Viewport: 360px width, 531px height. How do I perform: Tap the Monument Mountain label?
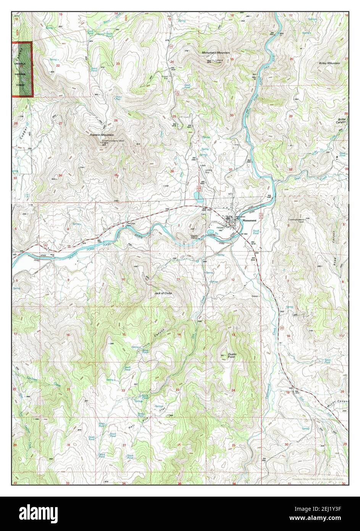(216, 52)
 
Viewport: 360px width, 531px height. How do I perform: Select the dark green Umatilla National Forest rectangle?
(22, 70)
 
